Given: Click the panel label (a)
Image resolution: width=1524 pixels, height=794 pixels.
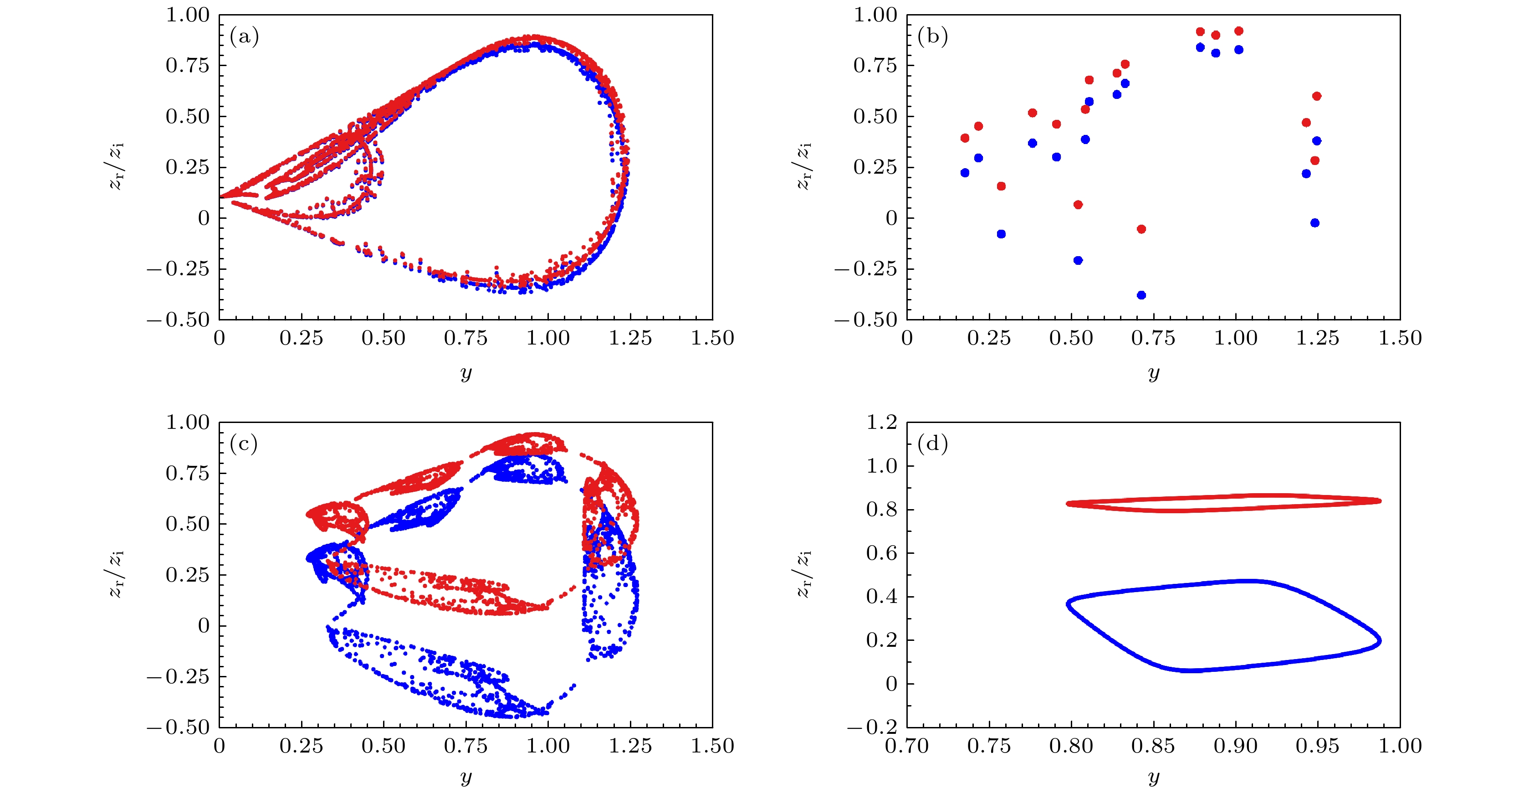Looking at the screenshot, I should pyautogui.click(x=244, y=37).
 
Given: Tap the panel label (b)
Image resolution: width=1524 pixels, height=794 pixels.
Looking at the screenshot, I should pyautogui.click(x=932, y=37).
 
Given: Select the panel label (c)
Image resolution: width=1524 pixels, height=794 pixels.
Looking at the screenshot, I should pyautogui.click(x=244, y=444).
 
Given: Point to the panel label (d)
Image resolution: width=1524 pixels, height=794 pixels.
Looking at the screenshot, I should pyautogui.click(x=932, y=444).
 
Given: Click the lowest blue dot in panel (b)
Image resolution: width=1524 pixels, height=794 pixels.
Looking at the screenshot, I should pyautogui.click(x=1141, y=295).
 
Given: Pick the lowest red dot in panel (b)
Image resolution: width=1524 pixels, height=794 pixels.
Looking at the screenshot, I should pyautogui.click(x=1141, y=229).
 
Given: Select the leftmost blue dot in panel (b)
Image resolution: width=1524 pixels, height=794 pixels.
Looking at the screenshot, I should pyautogui.click(x=965, y=173).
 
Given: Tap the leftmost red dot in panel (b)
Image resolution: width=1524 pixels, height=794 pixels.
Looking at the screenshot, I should pyautogui.click(x=965, y=138).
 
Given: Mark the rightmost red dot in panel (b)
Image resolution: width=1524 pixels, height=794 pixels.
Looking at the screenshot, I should pyautogui.click(x=1316, y=96).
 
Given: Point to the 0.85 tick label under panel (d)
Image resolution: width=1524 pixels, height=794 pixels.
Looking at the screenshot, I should pyautogui.click(x=1153, y=746).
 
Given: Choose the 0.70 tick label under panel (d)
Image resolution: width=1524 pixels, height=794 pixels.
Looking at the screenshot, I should pyautogui.click(x=906, y=746).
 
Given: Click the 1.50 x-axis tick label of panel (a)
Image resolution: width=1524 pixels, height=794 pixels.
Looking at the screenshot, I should pyautogui.click(x=712, y=339).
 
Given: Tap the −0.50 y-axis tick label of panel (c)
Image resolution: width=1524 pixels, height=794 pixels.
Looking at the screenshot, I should pyautogui.click(x=179, y=727).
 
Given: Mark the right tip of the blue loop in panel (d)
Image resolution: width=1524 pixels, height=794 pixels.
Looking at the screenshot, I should pyautogui.click(x=1379, y=641).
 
